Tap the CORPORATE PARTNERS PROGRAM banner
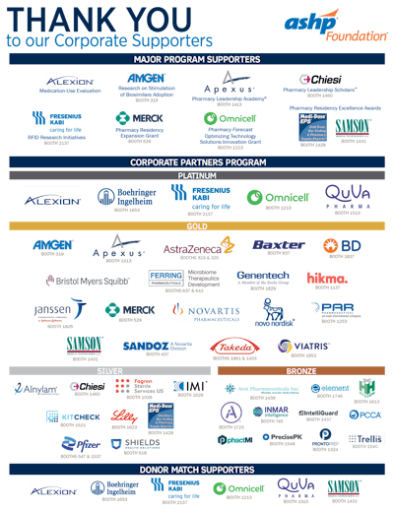coord(197,161)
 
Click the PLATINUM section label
coord(197,174)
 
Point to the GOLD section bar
coord(197,225)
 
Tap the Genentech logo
coord(263,279)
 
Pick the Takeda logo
coord(231,346)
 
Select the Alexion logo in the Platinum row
coord(52,199)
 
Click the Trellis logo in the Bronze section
coord(365,438)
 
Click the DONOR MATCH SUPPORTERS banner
coord(197,469)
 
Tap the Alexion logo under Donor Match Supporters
coord(52,489)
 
